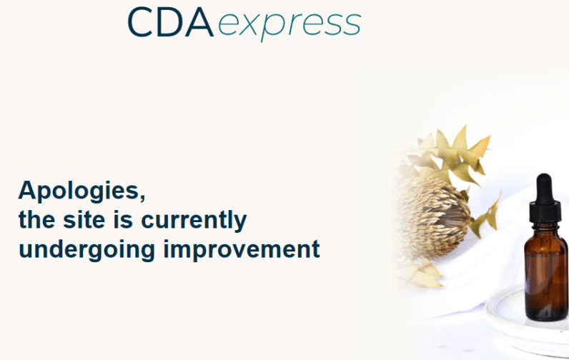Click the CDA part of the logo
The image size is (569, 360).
pyautogui.click(x=170, y=22)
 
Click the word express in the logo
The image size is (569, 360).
pyautogui.click(x=290, y=26)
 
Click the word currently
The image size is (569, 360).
pyautogui.click(x=194, y=221)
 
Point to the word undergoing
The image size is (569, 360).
pyautogui.click(x=87, y=250)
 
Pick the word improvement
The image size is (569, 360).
pyautogui.click(x=242, y=250)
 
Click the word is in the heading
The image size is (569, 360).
pyautogui.click(x=123, y=219)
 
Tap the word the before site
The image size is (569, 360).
pyautogui.click(x=36, y=219)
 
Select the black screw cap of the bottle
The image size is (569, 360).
pyautogui.click(x=545, y=214)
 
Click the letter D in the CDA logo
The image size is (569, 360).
pyautogui.click(x=169, y=22)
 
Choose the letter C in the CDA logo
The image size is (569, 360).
pyautogui.click(x=139, y=22)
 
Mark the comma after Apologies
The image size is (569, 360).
pyautogui.click(x=142, y=196)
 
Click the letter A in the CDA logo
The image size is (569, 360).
pyautogui.click(x=199, y=22)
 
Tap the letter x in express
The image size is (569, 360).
pyautogui.click(x=248, y=26)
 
